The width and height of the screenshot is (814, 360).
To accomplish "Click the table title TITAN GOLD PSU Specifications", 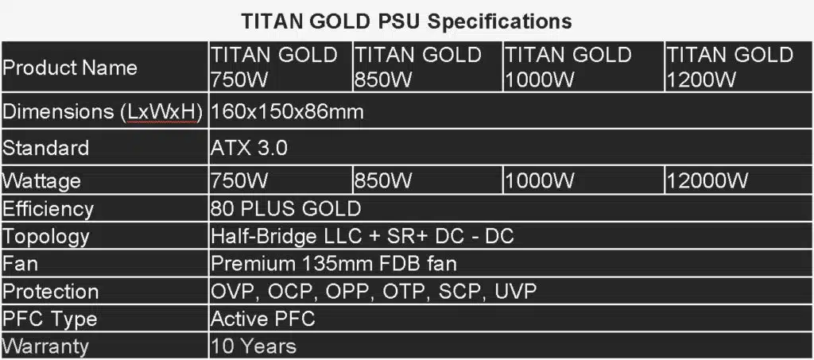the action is pyautogui.click(x=406, y=21).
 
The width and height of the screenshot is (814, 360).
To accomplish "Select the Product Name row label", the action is pyautogui.click(x=70, y=68).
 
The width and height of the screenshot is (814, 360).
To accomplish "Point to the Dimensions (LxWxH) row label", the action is pyautogui.click(x=103, y=112).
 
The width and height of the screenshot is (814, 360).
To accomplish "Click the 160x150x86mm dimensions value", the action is pyautogui.click(x=287, y=111).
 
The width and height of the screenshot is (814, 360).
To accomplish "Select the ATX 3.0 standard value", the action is pyautogui.click(x=249, y=149).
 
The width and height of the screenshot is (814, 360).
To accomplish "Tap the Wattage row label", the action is pyautogui.click(x=41, y=181).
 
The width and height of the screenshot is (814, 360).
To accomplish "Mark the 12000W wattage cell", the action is pyautogui.click(x=707, y=180).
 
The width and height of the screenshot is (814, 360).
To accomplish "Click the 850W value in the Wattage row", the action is pyautogui.click(x=383, y=180).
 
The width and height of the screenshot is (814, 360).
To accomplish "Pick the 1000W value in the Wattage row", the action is pyautogui.click(x=540, y=180).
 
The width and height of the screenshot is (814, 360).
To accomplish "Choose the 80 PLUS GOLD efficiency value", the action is pyautogui.click(x=285, y=208).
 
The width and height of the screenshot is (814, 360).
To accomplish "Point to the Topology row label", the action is pyautogui.click(x=45, y=237).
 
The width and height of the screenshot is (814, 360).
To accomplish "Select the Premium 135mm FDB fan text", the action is pyautogui.click(x=334, y=264).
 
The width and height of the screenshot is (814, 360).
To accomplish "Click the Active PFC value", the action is pyautogui.click(x=262, y=319).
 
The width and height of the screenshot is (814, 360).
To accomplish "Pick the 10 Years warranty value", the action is pyautogui.click(x=254, y=346).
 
